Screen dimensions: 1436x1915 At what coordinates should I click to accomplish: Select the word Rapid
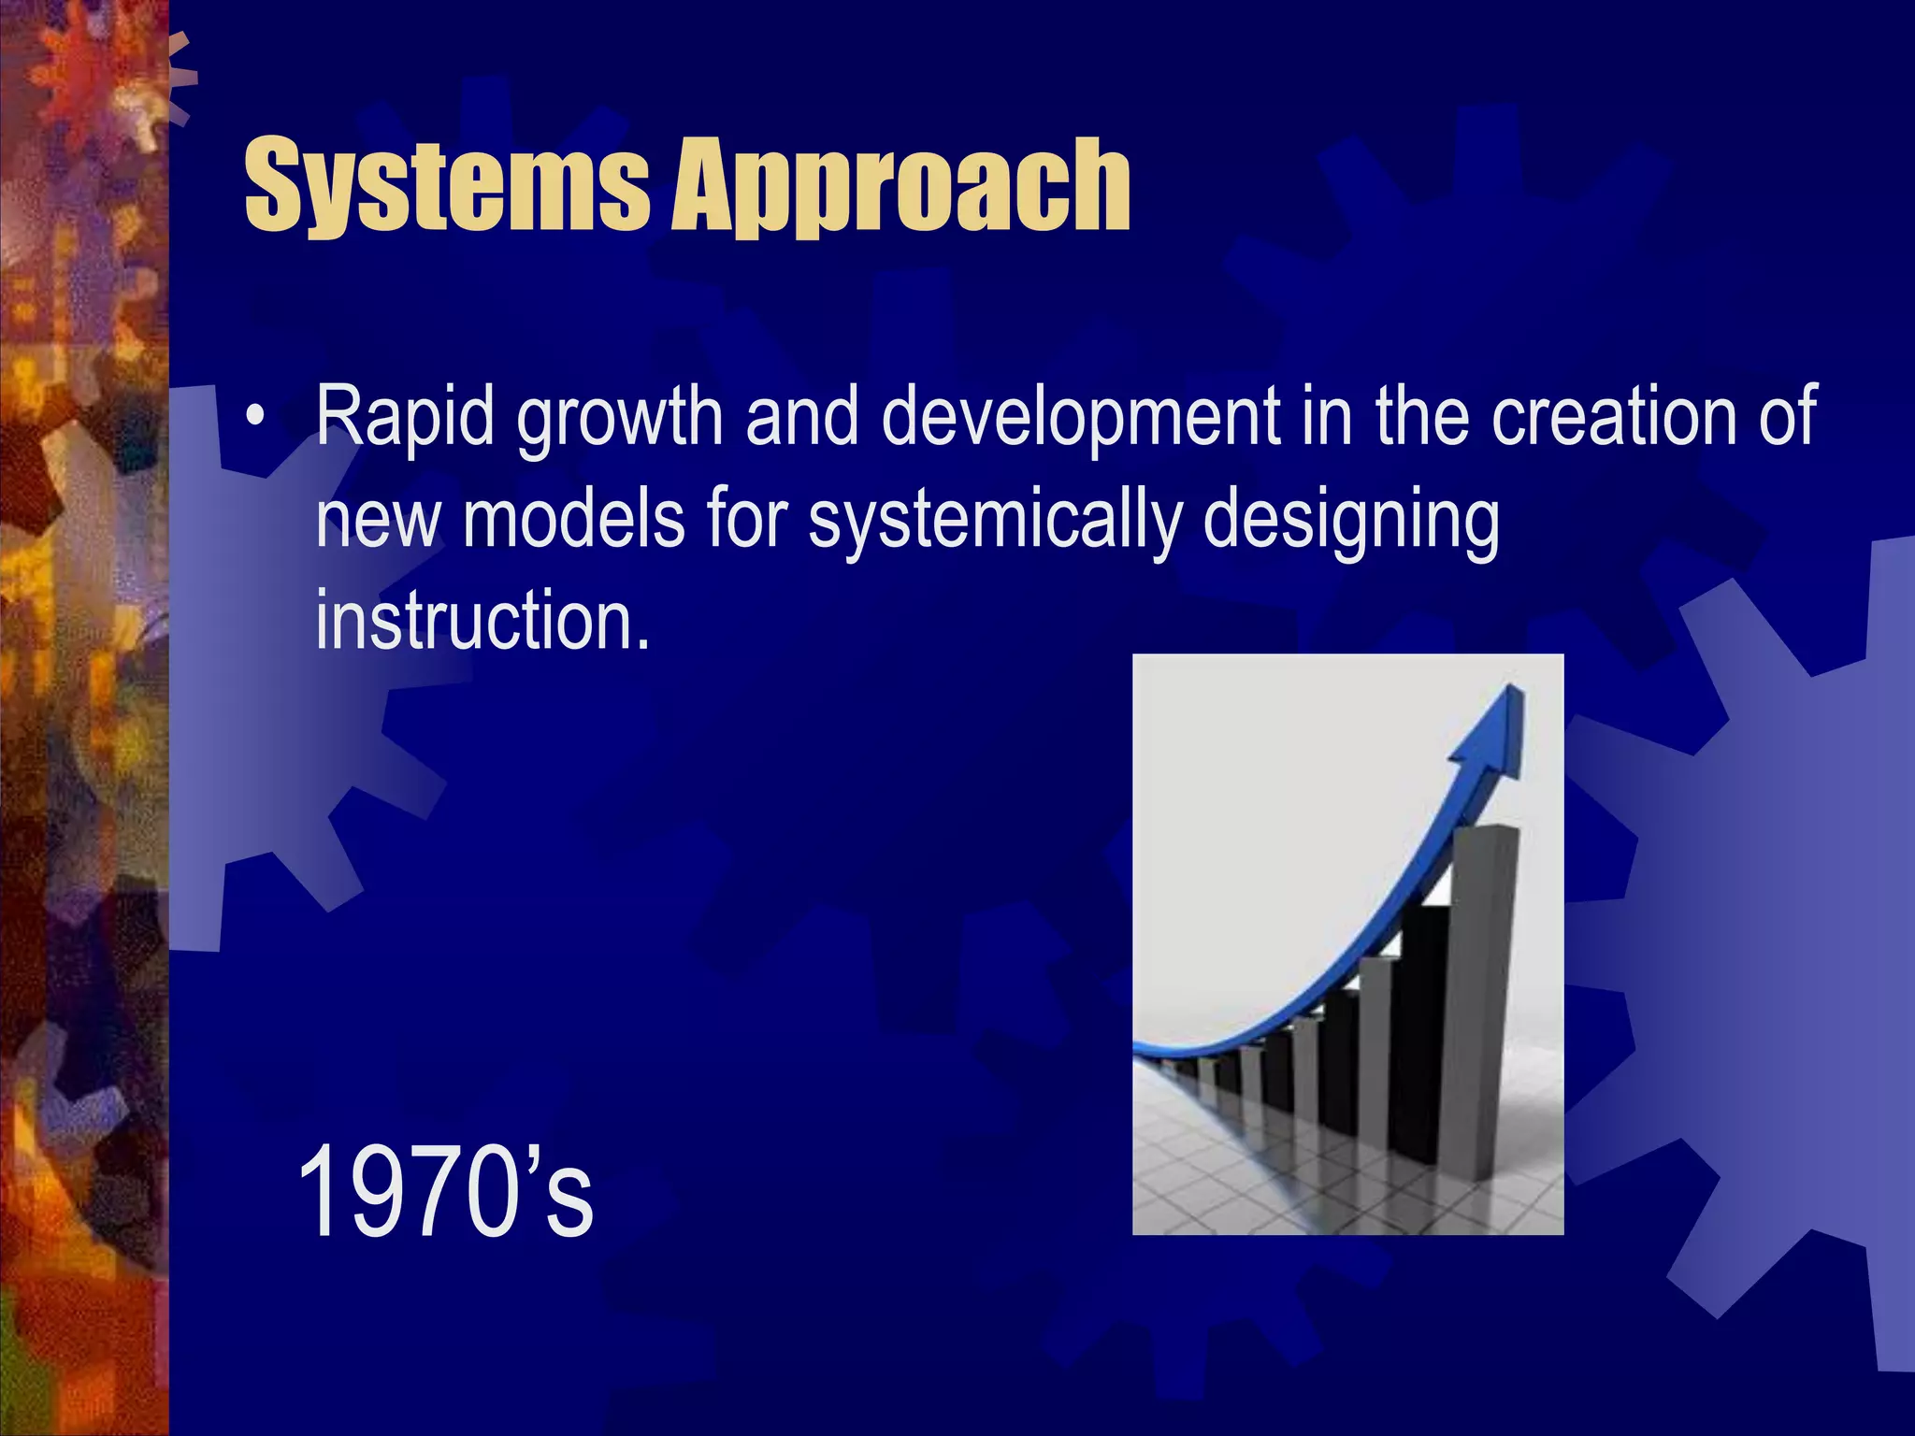coord(404,416)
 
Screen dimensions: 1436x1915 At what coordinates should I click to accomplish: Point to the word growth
coord(620,418)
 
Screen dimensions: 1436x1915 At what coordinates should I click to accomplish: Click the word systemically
coord(995,521)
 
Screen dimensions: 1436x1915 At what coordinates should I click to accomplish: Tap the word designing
coord(1350,521)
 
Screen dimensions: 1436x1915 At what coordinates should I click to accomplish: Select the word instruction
coord(482,621)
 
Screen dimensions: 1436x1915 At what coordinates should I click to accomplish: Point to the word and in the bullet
coord(801,416)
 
